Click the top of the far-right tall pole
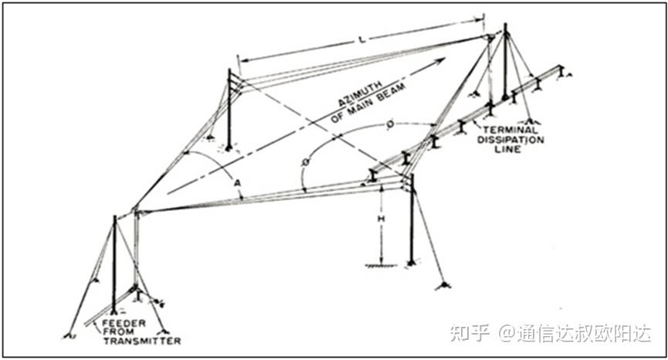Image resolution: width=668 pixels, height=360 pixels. tap(506, 26)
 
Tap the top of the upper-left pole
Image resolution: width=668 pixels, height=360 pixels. tap(229, 71)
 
